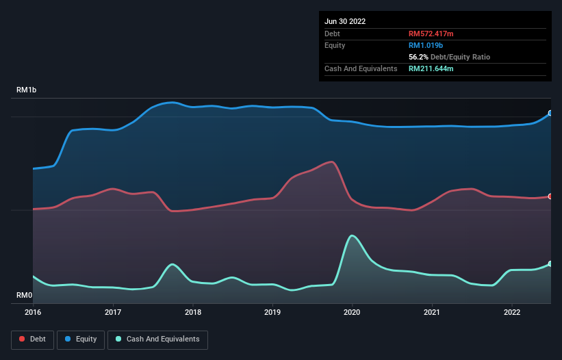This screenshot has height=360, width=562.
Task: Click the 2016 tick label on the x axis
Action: tap(33, 313)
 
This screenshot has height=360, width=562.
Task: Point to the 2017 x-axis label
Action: tap(113, 313)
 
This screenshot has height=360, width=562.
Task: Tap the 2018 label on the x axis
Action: tap(193, 313)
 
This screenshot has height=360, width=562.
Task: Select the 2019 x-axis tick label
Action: tap(272, 313)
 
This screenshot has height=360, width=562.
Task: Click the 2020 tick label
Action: tap(353, 313)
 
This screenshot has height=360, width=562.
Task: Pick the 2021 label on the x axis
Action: tap(432, 313)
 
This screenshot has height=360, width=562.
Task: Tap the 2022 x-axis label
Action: tap(512, 313)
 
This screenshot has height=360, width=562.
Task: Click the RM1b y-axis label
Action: tap(27, 90)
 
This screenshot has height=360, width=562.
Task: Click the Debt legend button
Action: tap(33, 339)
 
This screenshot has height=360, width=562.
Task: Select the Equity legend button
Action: tap(81, 339)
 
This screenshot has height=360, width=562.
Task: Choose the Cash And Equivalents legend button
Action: tap(157, 339)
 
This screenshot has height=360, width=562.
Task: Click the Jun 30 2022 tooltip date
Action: tap(345, 21)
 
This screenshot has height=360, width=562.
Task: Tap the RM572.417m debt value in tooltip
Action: tap(431, 34)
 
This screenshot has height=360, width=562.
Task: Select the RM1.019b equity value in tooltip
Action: tap(426, 45)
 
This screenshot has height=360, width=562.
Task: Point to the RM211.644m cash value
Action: tap(431, 68)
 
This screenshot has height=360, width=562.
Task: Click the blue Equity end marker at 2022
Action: tap(550, 114)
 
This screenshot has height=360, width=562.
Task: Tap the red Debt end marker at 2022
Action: tap(550, 196)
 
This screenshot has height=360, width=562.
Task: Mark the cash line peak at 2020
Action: tap(353, 236)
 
